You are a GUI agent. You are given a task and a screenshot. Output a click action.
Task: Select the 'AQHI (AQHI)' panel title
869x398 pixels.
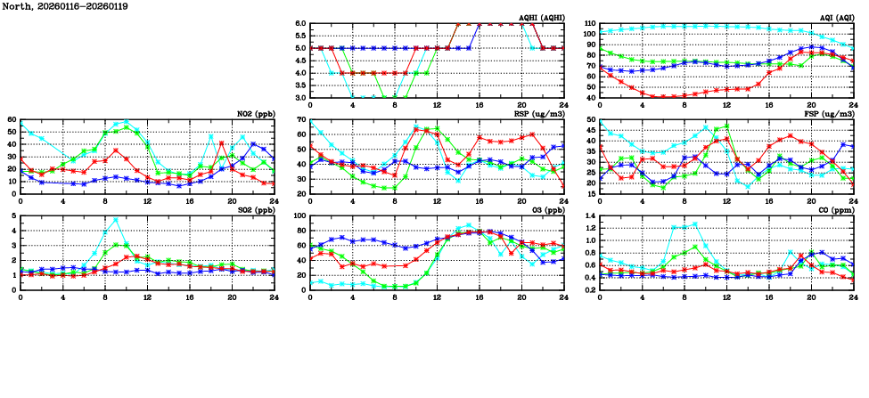543,18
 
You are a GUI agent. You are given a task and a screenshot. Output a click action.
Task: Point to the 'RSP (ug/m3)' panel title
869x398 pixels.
541,114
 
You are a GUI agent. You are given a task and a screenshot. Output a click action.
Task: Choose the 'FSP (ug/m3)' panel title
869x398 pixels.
831,114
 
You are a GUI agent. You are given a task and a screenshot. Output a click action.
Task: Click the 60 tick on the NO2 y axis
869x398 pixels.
12,119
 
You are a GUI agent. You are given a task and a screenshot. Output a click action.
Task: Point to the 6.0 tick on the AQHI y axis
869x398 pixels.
300,24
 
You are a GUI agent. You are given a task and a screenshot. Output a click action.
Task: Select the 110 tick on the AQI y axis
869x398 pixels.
588,24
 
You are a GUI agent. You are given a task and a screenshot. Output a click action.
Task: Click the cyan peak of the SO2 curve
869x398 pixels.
116,219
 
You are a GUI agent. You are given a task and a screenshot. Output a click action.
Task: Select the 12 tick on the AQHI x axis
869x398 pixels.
437,105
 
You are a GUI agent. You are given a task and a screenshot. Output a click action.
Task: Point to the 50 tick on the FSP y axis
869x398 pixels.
592,120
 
